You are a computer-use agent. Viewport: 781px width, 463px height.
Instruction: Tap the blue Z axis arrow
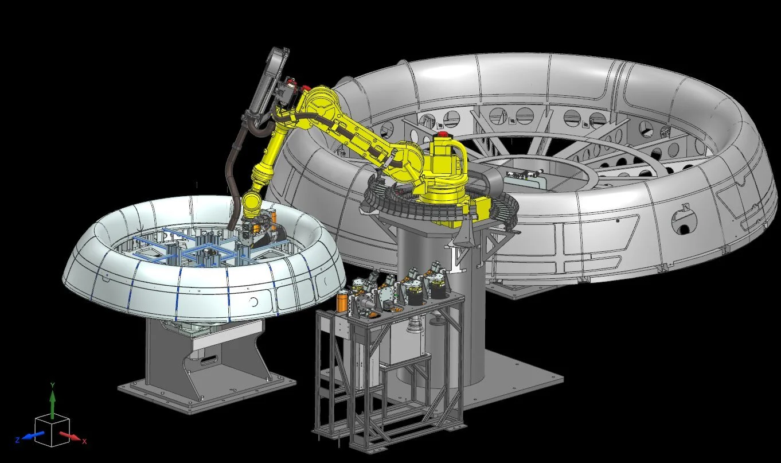click(34, 435)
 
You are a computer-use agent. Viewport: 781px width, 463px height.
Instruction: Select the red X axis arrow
click(70, 436)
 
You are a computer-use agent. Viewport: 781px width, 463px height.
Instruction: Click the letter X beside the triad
click(84, 441)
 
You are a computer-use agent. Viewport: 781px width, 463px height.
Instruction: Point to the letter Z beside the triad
click(17, 439)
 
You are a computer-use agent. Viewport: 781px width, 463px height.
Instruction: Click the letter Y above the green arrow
click(52, 385)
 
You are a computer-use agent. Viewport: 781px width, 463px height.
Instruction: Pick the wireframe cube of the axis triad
click(52, 430)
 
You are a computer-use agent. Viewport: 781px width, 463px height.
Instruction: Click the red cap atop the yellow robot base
click(443, 134)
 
